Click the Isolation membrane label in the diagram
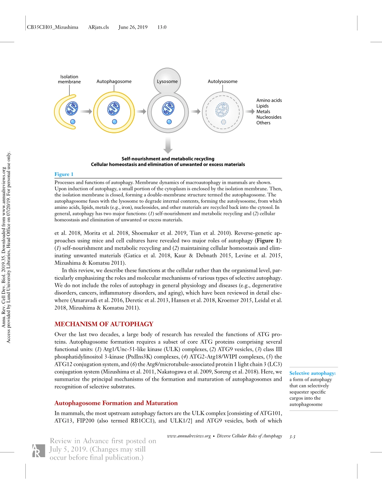coord(69,79)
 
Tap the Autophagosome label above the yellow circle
coord(114,81)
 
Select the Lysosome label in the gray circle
coord(167,81)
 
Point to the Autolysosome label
coord(222,81)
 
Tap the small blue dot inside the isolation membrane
coord(73,122)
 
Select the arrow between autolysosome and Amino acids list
coord(250,111)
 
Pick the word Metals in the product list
coord(263,111)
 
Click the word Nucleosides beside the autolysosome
coord(269,117)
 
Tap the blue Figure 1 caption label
coord(64,174)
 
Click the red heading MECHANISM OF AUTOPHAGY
coord(104,324)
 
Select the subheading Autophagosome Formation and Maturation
coord(116,403)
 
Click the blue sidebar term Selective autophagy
coord(312,373)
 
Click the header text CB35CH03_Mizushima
coord(52,27)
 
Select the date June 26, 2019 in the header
coord(133,27)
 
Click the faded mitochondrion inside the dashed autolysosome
coord(222,109)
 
